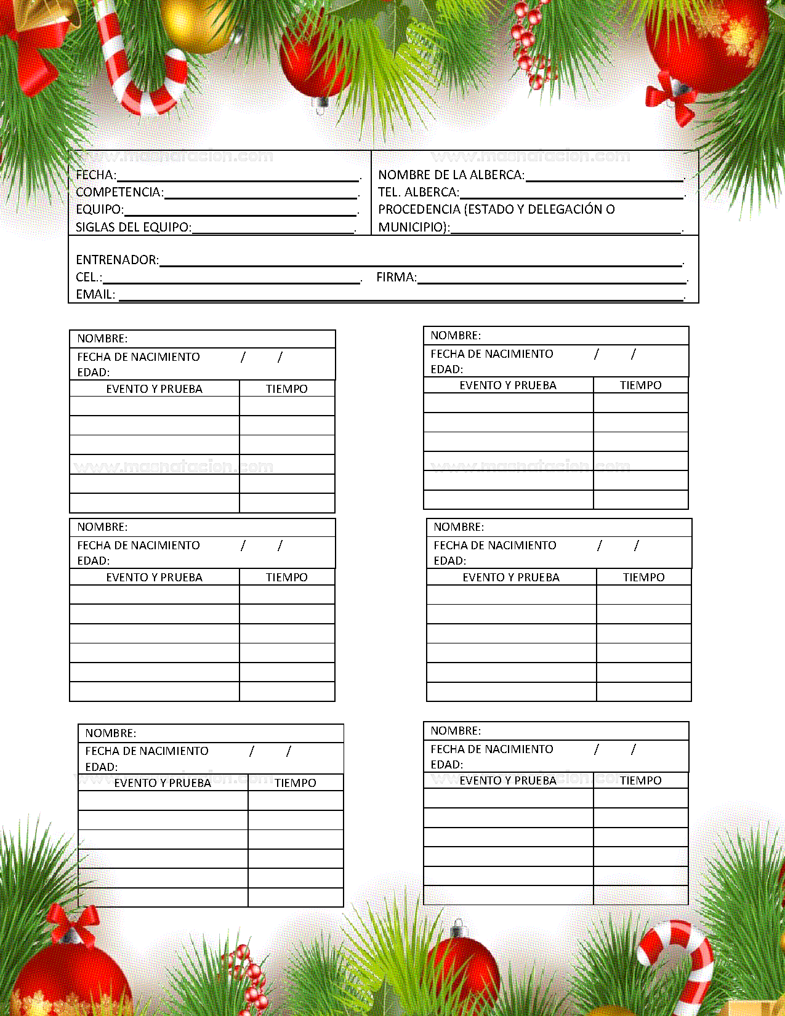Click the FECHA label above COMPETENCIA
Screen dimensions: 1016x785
[95, 175]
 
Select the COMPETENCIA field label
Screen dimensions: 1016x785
[119, 192]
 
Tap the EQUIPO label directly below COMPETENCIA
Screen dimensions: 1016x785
[99, 209]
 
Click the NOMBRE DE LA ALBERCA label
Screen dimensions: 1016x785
[451, 175]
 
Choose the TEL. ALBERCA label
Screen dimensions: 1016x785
[418, 192]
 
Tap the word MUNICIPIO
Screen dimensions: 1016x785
[411, 227]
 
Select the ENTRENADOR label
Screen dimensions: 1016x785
[117, 260]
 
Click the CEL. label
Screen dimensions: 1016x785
[89, 277]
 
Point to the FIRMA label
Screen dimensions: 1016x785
[396, 277]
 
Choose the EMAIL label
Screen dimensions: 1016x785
[95, 294]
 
